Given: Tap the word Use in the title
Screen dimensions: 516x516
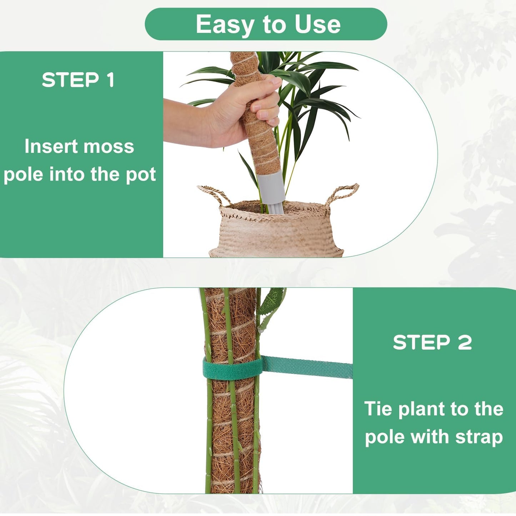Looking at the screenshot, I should tap(317, 25).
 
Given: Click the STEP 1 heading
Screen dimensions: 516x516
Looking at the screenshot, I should tap(78, 80).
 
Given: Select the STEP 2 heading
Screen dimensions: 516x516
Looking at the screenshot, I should tap(432, 342).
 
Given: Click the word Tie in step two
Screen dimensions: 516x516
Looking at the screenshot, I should tap(379, 409).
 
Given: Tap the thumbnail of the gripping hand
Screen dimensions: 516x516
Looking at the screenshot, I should tap(276, 81).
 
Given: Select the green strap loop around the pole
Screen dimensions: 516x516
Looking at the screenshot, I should tap(232, 369).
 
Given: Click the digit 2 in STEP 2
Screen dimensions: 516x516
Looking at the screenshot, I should tap(465, 342).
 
